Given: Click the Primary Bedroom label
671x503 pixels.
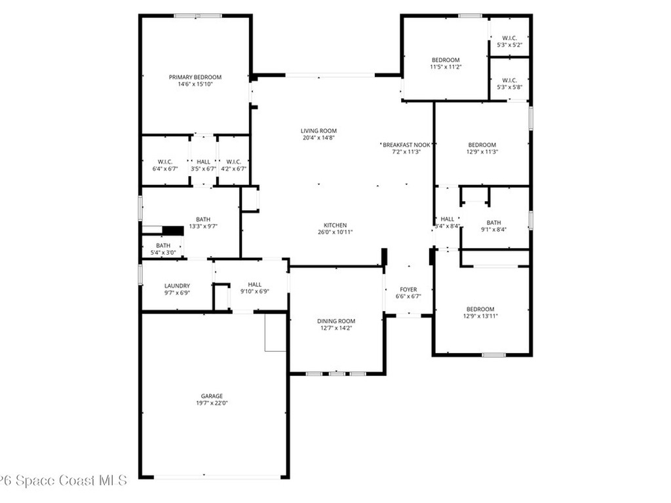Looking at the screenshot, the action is (x=195, y=77).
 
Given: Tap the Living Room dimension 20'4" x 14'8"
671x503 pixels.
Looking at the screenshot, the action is (x=319, y=138).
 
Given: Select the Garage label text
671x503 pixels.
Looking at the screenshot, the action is (x=212, y=396).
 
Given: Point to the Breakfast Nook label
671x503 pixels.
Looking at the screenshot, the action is (x=406, y=145).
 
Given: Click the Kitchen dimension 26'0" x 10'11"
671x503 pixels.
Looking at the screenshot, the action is (x=335, y=233).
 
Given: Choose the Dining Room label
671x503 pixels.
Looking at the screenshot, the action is (x=336, y=321).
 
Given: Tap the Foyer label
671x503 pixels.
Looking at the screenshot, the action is (x=408, y=289).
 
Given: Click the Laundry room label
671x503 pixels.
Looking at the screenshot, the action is (x=177, y=286).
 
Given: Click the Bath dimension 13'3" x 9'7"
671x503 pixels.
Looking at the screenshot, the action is (x=203, y=226).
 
